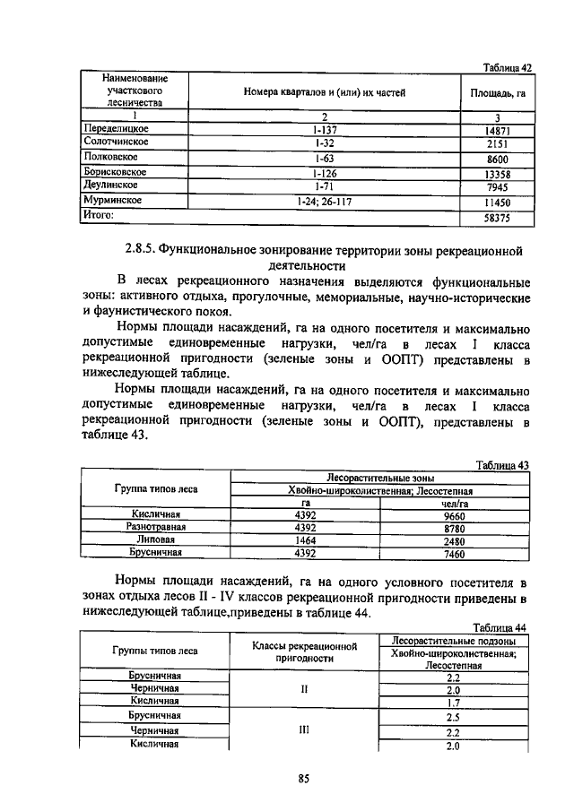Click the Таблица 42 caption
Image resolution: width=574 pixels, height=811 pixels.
coord(508,68)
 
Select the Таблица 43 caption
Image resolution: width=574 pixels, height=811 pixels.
coord(505,464)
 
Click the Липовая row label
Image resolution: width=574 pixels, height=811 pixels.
coord(156,541)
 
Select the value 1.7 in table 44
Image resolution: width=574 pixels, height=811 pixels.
coord(452,703)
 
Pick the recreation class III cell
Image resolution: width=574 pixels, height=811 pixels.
coord(304,729)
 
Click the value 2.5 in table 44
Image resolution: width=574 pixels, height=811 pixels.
coord(452,717)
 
